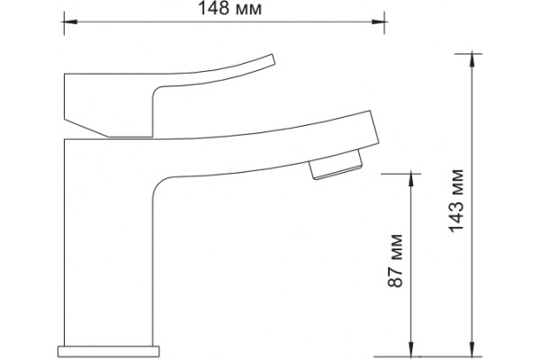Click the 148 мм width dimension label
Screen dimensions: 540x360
(x=229, y=9)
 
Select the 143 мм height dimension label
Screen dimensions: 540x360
(x=457, y=201)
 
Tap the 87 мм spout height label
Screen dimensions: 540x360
(x=395, y=260)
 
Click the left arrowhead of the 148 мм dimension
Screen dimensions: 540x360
(x=70, y=22)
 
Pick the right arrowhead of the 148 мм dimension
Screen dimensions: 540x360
(x=379, y=22)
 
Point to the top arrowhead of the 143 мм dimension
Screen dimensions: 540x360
(x=472, y=60)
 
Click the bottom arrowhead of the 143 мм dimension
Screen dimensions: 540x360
(x=472, y=350)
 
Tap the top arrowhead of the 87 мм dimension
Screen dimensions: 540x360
(x=411, y=180)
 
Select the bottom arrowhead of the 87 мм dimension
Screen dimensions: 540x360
(x=411, y=350)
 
